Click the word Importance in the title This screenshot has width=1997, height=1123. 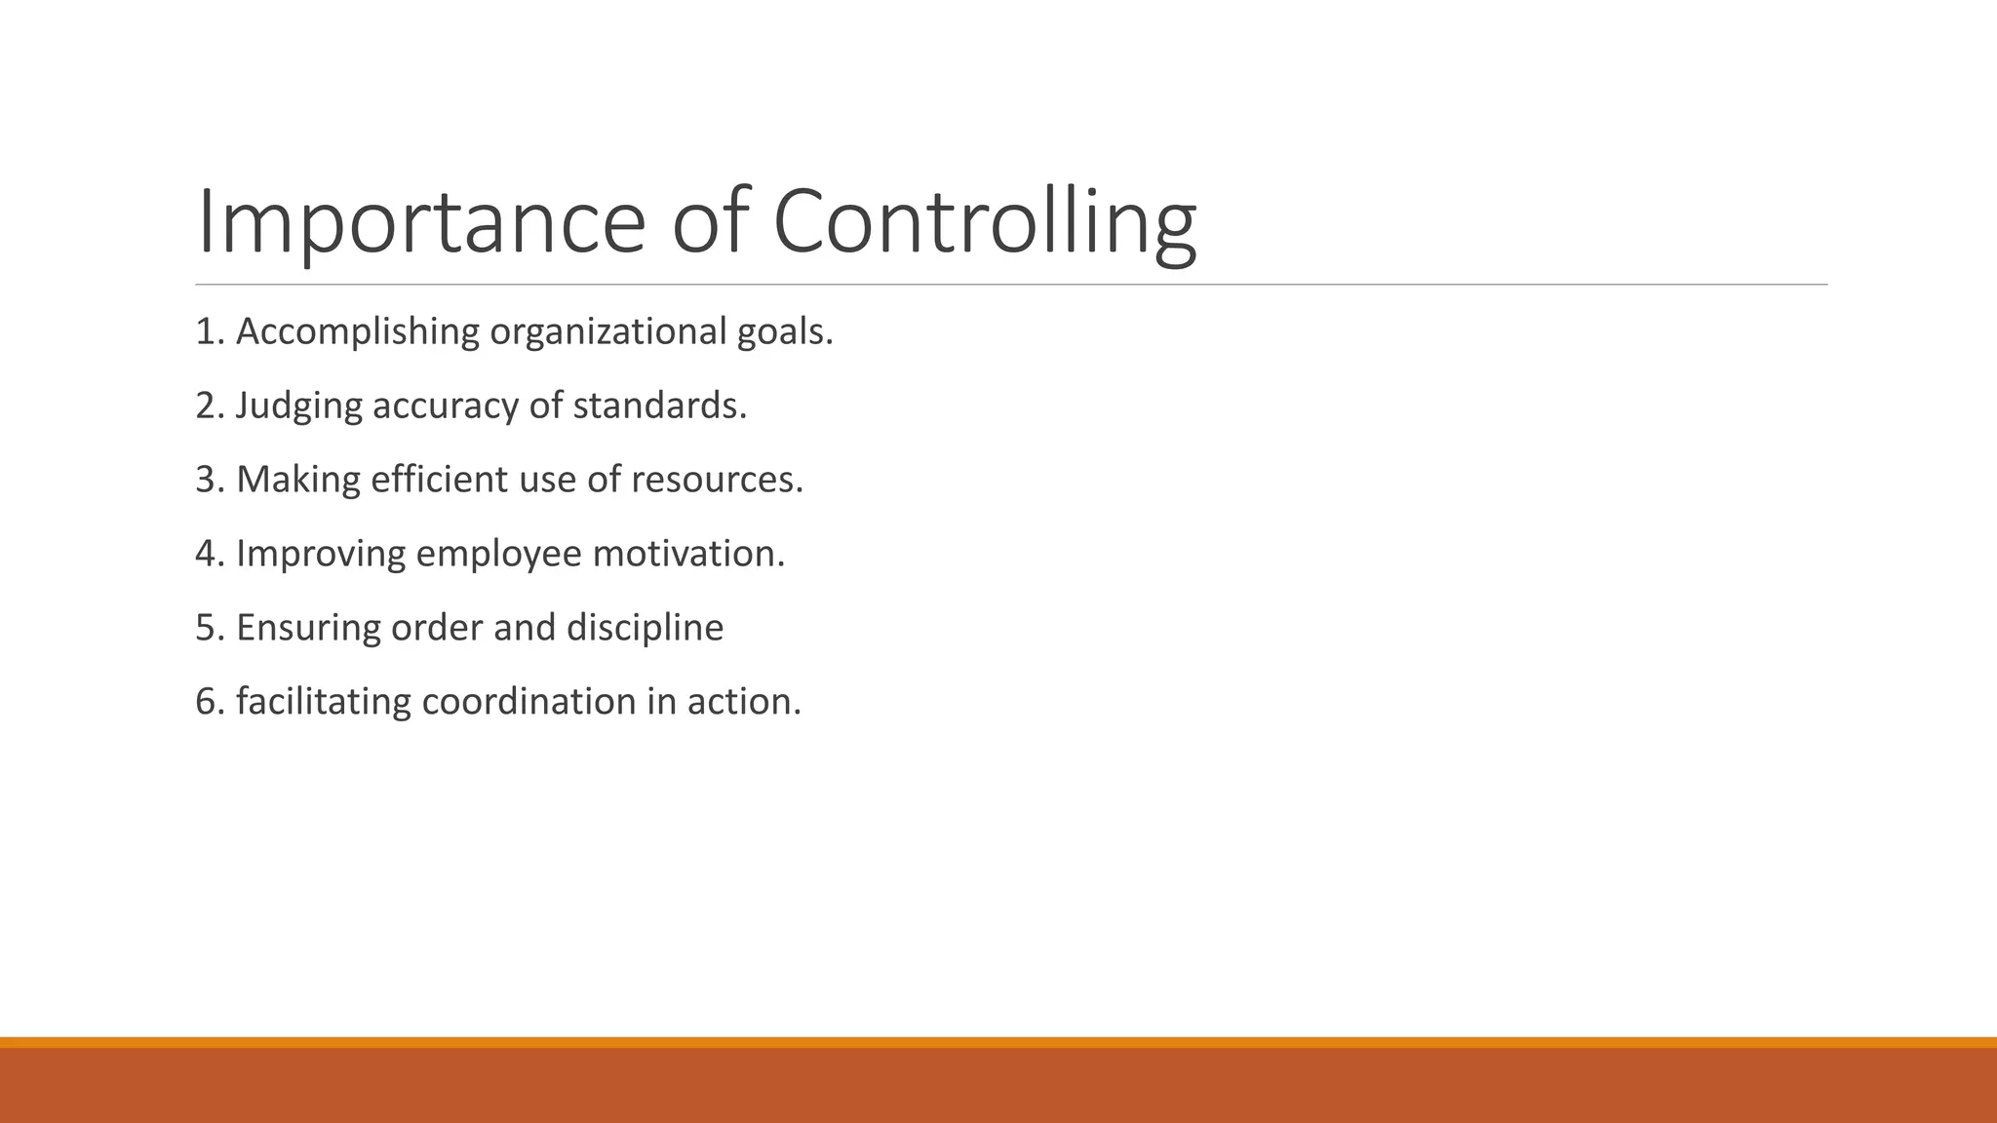pyautogui.click(x=420, y=222)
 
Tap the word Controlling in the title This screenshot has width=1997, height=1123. pyautogui.click(x=984, y=222)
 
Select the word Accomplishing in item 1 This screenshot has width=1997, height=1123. pyautogui.click(x=358, y=332)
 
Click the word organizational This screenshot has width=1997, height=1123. pyautogui.click(x=607, y=332)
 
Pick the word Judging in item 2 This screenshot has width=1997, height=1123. pyautogui.click(x=298, y=407)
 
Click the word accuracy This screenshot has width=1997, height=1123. pyautogui.click(x=445, y=407)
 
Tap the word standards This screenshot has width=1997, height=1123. pyautogui.click(x=659, y=406)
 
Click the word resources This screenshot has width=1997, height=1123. pyautogui.click(x=717, y=480)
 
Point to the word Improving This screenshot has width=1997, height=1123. pyautogui.click(x=321, y=555)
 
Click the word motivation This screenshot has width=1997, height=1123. pyautogui.click(x=688, y=554)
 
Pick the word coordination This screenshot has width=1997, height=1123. pyautogui.click(x=529, y=702)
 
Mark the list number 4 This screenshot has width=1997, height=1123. pyautogui.click(x=207, y=554)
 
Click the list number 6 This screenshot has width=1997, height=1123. pyautogui.click(x=207, y=702)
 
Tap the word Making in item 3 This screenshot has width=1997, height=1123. pyautogui.click(x=298, y=480)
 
